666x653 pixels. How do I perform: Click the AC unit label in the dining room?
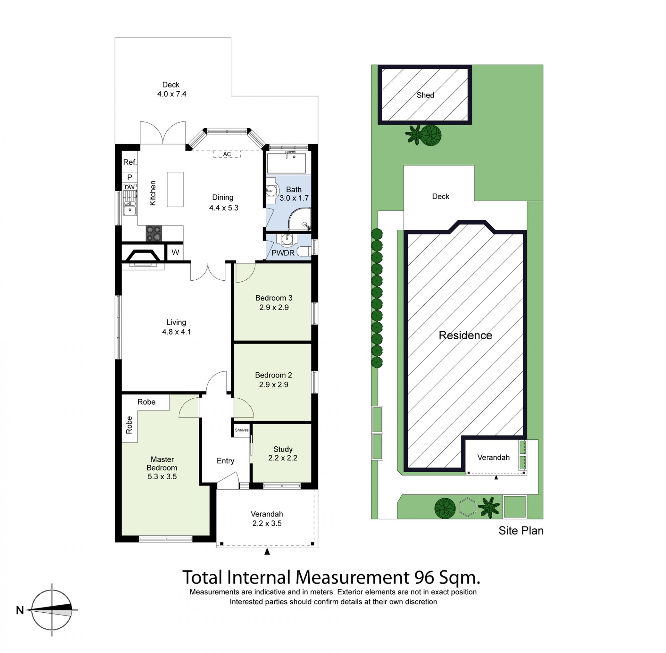(227, 154)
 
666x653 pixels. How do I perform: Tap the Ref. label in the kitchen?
(130, 162)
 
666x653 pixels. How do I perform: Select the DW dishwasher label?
(129, 187)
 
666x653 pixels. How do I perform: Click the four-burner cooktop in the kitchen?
(154, 233)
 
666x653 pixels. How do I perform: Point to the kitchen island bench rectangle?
(175, 189)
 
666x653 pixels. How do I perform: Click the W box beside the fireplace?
(175, 252)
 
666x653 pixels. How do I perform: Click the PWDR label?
(283, 253)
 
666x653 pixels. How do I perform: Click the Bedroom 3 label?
(274, 298)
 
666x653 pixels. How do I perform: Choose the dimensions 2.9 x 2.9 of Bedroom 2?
(273, 384)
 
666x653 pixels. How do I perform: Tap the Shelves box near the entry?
(242, 430)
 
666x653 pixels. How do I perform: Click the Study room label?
(283, 449)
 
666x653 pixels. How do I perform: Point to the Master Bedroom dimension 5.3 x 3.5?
(162, 476)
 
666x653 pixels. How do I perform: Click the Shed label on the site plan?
(425, 95)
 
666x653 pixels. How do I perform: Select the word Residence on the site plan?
(465, 335)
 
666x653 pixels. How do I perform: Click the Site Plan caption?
(521, 531)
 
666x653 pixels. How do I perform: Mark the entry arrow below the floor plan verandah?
(267, 552)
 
